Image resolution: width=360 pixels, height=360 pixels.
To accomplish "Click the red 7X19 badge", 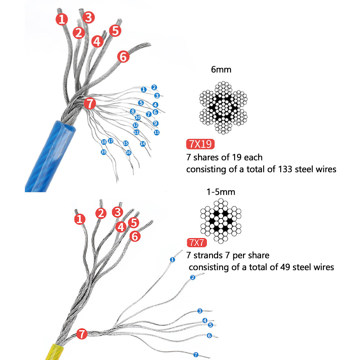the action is click(200, 144).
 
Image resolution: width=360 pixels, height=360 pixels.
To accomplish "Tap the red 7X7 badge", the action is click(197, 242).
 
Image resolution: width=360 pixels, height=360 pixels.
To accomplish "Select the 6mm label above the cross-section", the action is click(221, 69).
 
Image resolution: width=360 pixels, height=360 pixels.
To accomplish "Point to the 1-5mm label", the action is click(221, 192).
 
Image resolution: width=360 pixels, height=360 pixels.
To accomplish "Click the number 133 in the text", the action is click(285, 169).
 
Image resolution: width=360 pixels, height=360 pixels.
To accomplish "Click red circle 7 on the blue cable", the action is click(90, 103).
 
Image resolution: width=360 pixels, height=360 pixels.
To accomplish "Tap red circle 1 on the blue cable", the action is click(62, 19).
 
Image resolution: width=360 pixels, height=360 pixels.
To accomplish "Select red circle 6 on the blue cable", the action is click(123, 57).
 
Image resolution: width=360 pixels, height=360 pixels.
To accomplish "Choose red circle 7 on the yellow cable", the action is click(82, 334).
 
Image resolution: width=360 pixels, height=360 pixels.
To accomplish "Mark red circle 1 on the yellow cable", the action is click(80, 219).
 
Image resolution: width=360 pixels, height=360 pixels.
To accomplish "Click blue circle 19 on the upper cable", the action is click(104, 152).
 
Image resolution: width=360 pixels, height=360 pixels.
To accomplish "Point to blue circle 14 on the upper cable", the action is click(143, 144).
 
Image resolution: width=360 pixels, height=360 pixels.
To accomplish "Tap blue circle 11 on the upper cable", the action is click(157, 132).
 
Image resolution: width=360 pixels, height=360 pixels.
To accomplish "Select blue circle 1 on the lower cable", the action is click(172, 260).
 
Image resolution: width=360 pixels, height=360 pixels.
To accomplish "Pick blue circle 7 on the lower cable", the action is click(195, 355).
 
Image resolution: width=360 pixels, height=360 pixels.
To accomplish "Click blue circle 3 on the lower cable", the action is click(200, 311).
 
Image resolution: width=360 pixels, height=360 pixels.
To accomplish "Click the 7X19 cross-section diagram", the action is click(223, 108).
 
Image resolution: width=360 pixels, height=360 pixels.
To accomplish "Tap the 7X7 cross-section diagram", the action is click(221, 221).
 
